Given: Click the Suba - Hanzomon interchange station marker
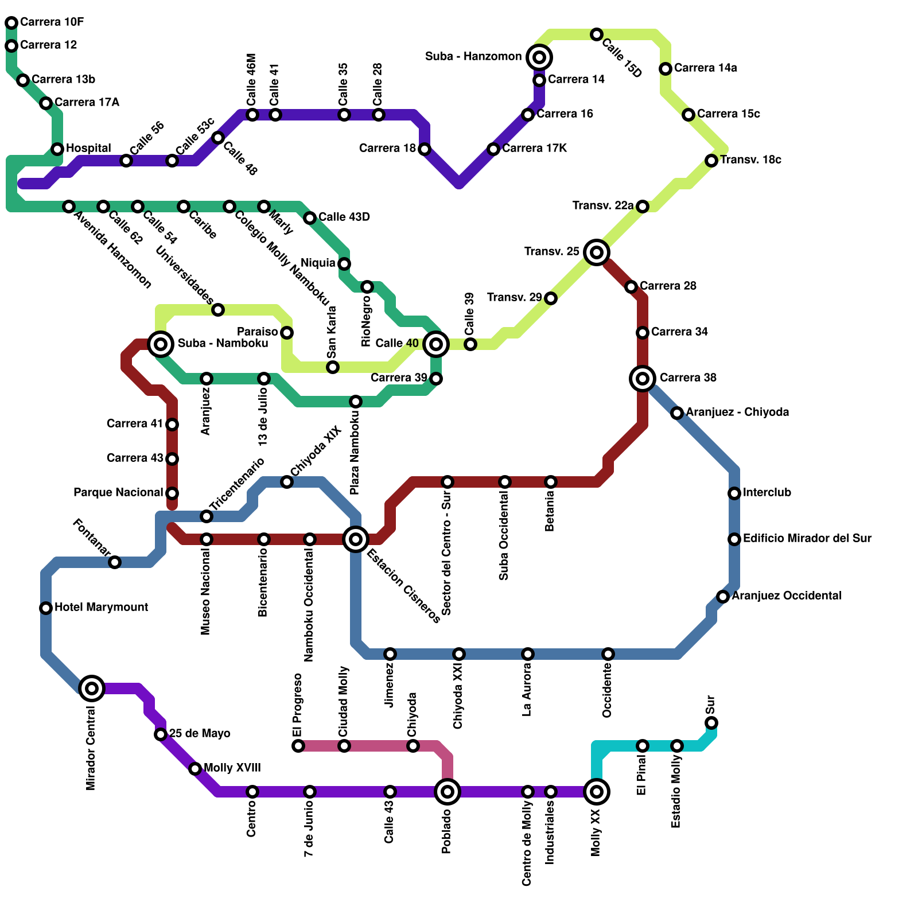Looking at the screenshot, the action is pos(539,57).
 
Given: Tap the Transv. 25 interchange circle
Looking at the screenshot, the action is pos(597,252).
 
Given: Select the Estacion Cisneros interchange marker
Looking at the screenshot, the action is pos(356,539).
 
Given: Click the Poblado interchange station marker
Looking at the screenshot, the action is pos(448,792).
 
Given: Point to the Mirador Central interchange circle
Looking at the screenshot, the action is pos(92,688).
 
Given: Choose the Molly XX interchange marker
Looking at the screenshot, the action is pos(597,792).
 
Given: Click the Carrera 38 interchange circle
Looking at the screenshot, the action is pos(643,378).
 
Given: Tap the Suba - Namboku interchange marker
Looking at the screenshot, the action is pos(161,344).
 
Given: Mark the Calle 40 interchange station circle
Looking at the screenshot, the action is pos(436,344).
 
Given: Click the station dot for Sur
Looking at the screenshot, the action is pos(711,722).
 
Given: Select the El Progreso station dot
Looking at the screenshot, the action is pos(298,746).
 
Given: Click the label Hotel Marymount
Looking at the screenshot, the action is pos(101,607).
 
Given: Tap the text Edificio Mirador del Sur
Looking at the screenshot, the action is pos(807,538).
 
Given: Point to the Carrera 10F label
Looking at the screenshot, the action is pos(52,22).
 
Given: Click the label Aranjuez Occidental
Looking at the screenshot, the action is pos(786,596).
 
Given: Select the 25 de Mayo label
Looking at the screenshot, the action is pos(200,733).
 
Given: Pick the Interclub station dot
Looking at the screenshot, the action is pos(734,493).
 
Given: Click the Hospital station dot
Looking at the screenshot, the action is pos(57,149).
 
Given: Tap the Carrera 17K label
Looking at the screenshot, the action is pos(534,148).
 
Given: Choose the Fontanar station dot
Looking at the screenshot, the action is pos(115,562).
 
